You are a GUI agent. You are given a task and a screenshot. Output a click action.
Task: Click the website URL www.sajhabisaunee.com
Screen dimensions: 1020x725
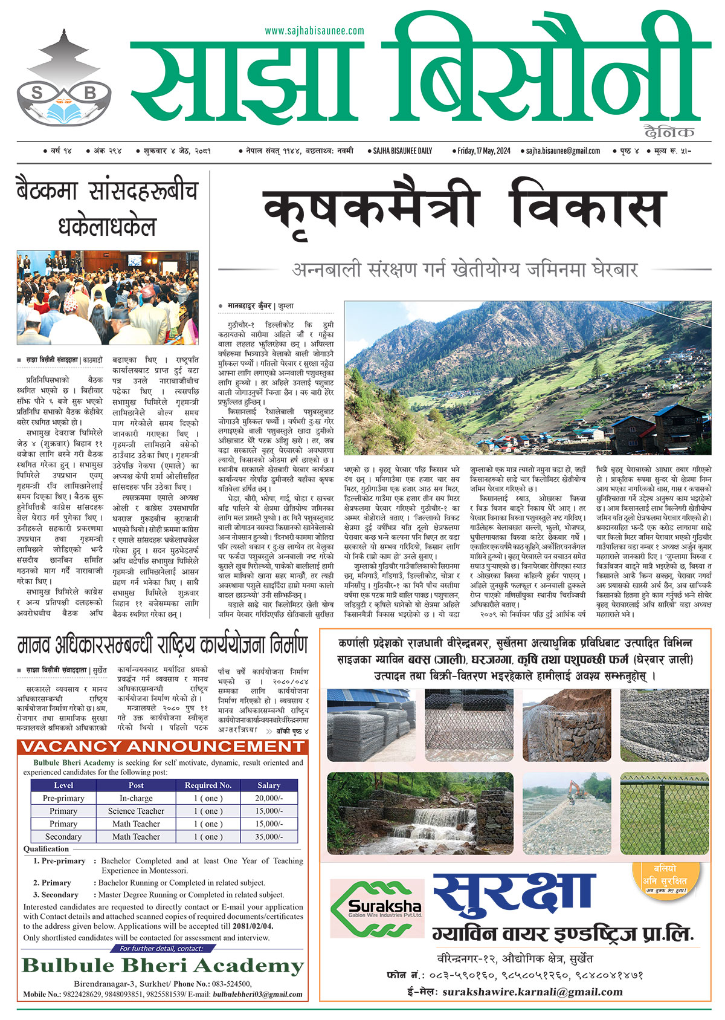point(314,31)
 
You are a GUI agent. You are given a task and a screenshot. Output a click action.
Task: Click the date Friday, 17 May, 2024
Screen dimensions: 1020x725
point(485,151)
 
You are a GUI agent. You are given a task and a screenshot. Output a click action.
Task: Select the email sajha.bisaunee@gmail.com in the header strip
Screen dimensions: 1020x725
point(562,151)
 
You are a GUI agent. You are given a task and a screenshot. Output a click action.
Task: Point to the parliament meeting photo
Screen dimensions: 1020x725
point(107,297)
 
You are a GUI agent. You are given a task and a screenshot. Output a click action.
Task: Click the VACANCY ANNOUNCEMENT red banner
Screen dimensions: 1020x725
point(163,746)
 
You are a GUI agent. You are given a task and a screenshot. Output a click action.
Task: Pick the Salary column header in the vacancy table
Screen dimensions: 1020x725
point(269,785)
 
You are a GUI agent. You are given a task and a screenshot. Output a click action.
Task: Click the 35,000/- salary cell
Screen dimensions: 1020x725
point(269,837)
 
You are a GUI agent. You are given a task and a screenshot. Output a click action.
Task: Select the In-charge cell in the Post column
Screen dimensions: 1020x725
point(136,798)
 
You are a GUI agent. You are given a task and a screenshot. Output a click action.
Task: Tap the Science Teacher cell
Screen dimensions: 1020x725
point(136,811)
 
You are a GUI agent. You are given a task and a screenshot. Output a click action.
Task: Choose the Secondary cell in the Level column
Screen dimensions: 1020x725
point(63,837)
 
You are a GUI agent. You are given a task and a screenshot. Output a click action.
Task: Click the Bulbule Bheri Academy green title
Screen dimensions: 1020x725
point(163,966)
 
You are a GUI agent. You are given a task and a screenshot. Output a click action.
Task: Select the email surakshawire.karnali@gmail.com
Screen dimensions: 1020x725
point(532,992)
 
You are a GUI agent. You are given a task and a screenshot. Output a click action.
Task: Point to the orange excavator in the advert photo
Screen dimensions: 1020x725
point(571,789)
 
